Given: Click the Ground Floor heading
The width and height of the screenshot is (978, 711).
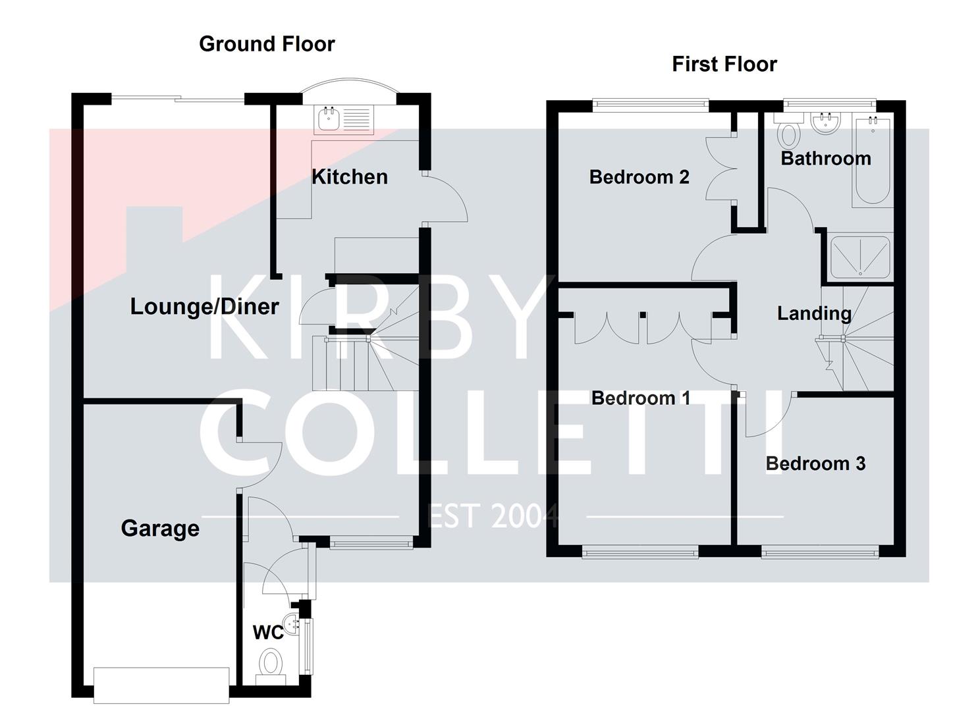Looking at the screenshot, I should coord(267,44).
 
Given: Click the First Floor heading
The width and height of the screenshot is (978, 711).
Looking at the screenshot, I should coord(724,65).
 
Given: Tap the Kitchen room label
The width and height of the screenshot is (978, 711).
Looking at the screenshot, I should coord(349,176).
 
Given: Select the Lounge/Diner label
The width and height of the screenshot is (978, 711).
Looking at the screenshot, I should coord(204,306).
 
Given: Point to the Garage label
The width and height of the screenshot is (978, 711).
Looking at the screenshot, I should coord(160,528).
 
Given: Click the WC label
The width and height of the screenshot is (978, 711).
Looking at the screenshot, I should coord(268,633).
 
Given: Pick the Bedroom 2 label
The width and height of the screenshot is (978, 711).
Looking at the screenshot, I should coord(639,176).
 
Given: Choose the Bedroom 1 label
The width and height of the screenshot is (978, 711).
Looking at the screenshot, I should coord(640,398).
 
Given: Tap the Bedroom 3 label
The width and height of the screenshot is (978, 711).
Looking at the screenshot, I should coord(815,463).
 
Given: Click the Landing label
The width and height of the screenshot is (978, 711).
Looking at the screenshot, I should coord(814,313).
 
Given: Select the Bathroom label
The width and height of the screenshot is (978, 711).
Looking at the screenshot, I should coord(826,158).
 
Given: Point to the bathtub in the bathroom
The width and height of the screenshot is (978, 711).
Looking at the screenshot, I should coord(872,161).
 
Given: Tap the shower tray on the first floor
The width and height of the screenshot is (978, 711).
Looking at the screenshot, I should coord(859,257).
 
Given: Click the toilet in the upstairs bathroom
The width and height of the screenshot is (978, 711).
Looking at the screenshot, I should coord(788,134).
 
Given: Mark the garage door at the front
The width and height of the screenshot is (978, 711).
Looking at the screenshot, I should coord(161,685).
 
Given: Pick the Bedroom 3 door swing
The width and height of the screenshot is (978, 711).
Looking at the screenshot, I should coord(767,415).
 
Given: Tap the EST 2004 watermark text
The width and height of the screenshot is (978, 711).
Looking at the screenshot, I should coord(493,516).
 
